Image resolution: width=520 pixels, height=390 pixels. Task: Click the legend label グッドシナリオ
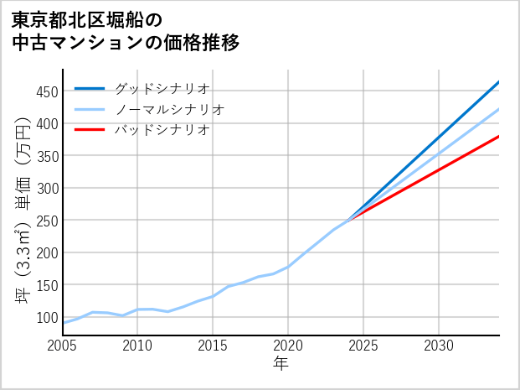[x=162, y=89]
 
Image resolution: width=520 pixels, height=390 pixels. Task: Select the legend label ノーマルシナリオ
[x=169, y=110]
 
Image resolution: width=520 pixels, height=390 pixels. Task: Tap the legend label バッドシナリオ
[x=162, y=130]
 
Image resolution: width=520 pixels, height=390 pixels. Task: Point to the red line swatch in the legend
[x=90, y=130]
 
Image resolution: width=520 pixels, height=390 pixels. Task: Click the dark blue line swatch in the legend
[x=90, y=89]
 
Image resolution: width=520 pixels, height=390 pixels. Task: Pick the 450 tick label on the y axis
[x=46, y=91]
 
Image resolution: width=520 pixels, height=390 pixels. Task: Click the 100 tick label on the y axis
[x=46, y=318]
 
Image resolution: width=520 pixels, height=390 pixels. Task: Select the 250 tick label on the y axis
[x=46, y=221]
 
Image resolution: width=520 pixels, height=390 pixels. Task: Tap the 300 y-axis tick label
[x=46, y=189]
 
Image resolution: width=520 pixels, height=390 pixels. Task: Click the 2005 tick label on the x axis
[x=63, y=346]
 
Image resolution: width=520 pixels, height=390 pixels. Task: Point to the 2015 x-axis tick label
[x=213, y=346]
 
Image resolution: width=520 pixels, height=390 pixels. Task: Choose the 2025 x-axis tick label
[x=363, y=346]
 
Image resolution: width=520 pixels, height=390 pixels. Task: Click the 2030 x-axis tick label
[x=439, y=346]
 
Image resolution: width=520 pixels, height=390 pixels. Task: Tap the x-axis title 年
[x=281, y=363]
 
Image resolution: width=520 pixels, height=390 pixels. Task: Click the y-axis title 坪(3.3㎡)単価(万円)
[x=23, y=201]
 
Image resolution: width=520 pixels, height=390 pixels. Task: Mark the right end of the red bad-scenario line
[x=498, y=136]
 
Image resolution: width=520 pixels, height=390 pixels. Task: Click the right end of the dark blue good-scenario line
[x=498, y=82]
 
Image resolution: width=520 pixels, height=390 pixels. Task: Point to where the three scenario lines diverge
[x=349, y=220]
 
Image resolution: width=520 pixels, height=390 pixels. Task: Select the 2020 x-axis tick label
[x=288, y=346]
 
